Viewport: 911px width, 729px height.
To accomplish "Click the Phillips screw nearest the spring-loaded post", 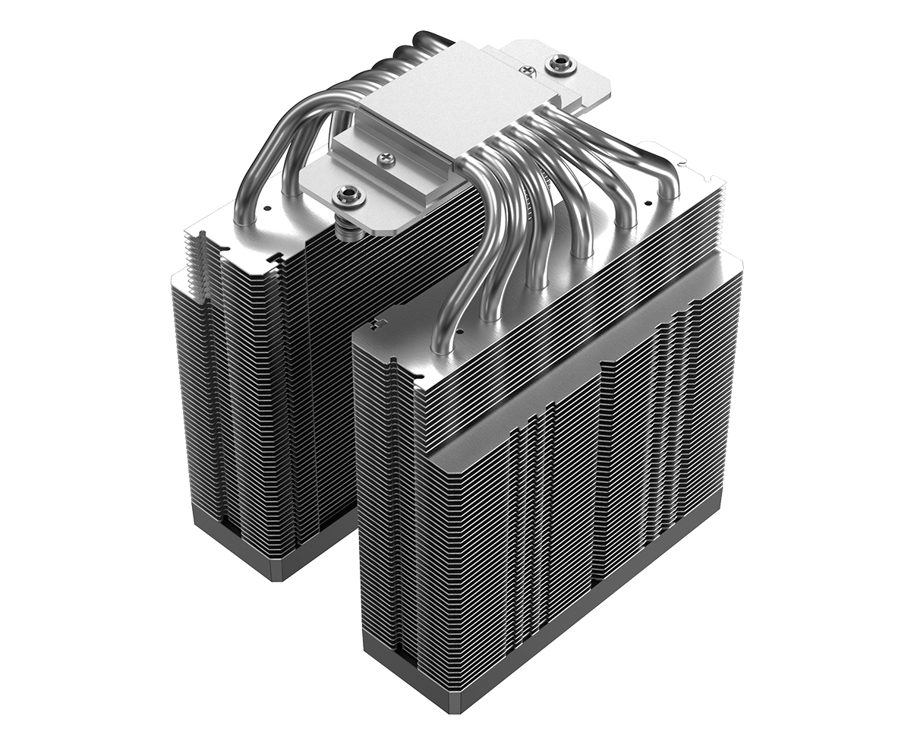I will pos(385,158).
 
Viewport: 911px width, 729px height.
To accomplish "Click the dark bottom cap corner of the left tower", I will pos(277,573).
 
